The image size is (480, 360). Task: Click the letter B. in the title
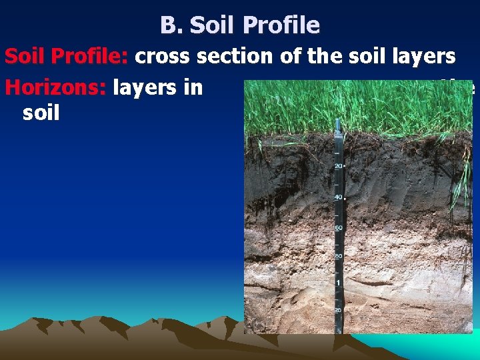(x=171, y=25)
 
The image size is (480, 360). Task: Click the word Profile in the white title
(x=281, y=25)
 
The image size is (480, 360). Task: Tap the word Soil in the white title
(x=213, y=25)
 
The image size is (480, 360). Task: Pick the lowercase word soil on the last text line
(x=41, y=112)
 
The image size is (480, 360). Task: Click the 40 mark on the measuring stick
(x=338, y=197)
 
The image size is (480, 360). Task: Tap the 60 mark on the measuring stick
(x=339, y=229)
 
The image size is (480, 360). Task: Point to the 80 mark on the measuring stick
(x=339, y=256)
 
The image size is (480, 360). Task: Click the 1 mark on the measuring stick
(x=339, y=283)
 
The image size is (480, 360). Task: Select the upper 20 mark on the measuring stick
(x=338, y=166)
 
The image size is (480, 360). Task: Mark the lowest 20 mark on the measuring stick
(x=339, y=310)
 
